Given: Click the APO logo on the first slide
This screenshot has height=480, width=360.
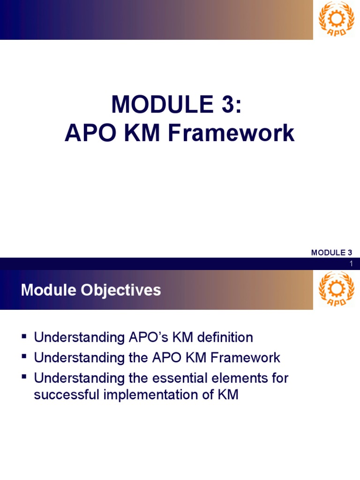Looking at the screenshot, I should (333, 19).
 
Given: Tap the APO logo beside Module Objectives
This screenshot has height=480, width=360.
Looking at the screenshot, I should (333, 289).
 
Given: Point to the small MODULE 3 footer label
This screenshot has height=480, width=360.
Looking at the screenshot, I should (331, 253).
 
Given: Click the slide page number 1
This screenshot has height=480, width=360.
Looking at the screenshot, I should (350, 264).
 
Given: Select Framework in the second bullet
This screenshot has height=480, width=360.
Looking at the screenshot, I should (245, 358).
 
